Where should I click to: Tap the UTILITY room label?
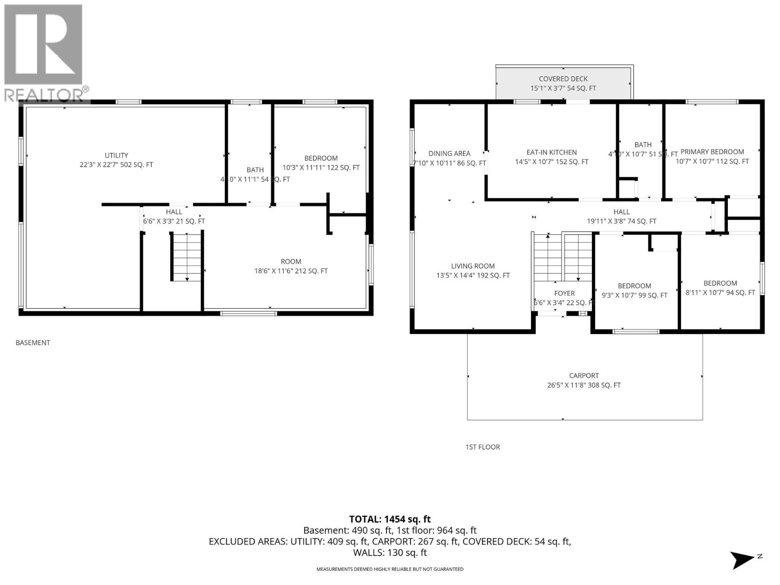pos(117,160)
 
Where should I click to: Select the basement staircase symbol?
pos(186,256)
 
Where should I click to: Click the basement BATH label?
pos(255,175)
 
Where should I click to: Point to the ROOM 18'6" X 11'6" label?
pos(291,266)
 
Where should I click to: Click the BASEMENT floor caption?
pos(33,343)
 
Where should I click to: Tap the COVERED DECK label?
pos(563,83)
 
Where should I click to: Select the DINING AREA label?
pos(449,158)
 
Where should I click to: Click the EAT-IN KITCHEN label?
pos(551,157)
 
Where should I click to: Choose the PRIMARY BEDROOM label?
pos(712,156)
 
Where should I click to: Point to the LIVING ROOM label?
pos(473,271)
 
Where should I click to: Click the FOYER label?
pos(564,298)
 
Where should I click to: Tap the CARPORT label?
pos(584,380)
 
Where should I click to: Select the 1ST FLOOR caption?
pos(482,447)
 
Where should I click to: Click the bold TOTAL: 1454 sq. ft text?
pos(390,519)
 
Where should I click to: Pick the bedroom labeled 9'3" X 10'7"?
pos(634,291)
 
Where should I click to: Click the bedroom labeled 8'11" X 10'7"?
pos(720,288)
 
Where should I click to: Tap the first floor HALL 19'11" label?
pos(621,216)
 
